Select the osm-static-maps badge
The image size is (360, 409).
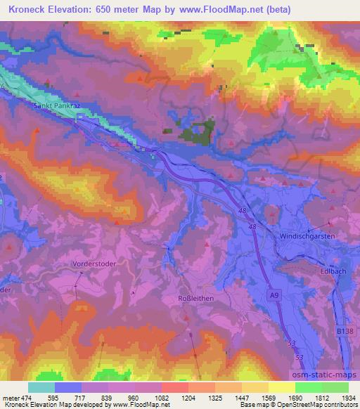click(x=330, y=375)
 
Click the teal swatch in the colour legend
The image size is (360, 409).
click(x=41, y=387)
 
